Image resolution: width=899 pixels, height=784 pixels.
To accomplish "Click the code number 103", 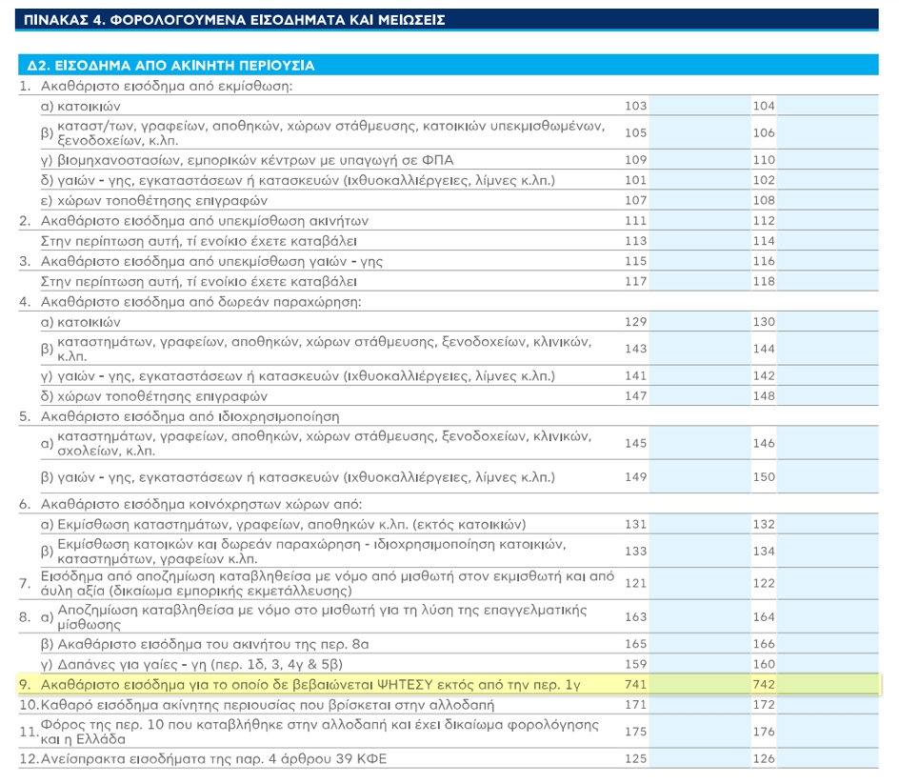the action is [635, 106].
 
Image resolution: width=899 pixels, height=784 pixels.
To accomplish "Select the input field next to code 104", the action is [828, 106].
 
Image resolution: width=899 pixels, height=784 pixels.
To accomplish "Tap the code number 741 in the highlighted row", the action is [635, 684].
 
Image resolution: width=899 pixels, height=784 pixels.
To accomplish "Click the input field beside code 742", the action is [828, 684].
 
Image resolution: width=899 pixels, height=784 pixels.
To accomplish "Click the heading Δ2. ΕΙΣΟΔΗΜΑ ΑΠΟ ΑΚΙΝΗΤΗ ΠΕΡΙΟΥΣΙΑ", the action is [170, 66].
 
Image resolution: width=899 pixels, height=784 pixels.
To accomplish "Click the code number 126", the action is [764, 758].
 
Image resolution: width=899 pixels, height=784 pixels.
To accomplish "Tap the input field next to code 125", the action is [699, 758].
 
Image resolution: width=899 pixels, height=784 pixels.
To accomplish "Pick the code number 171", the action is [635, 704].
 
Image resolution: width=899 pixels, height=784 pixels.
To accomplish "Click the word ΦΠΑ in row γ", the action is [437, 159].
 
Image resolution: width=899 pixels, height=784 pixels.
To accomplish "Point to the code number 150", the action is [764, 476].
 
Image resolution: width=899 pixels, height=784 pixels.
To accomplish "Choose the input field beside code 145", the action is [699, 443].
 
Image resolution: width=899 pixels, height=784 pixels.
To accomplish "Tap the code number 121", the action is [635, 583].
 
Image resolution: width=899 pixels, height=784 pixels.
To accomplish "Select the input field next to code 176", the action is [828, 732].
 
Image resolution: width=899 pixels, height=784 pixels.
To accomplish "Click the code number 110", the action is [764, 159].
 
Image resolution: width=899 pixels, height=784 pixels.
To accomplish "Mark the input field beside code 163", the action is [699, 616].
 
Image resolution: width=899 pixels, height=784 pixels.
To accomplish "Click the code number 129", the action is [635, 322].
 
